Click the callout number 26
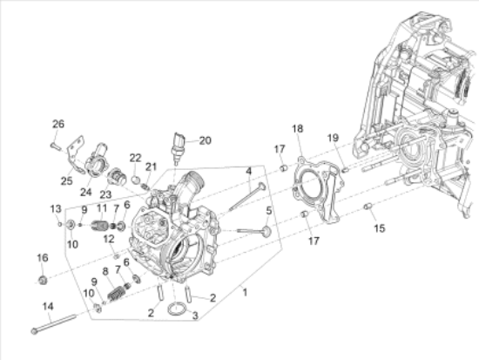click(58, 124)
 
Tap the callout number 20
click(205, 139)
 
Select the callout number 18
click(297, 129)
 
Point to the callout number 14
click(48, 306)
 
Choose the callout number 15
click(379, 228)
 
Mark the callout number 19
click(332, 138)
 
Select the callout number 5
click(269, 210)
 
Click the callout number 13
click(55, 209)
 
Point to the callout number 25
click(66, 180)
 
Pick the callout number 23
click(105, 194)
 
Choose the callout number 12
click(110, 238)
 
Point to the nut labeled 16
click(42, 280)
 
